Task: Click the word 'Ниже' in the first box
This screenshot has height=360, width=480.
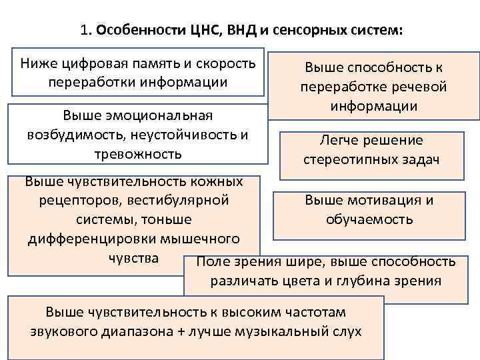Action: point(38,64)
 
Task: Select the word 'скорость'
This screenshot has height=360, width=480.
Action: point(225,64)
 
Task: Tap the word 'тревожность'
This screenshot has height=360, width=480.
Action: point(138,153)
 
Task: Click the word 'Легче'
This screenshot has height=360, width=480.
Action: point(341,140)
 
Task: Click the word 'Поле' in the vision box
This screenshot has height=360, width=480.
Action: point(213,261)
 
